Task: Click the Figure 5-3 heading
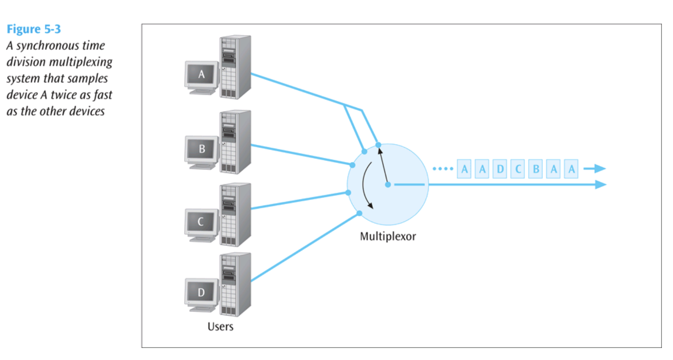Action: [x=33, y=29]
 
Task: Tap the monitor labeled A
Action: [x=201, y=74]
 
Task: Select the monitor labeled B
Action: [x=201, y=149]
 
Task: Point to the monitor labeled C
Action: [x=201, y=222]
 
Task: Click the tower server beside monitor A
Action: [x=235, y=67]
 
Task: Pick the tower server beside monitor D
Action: [x=235, y=284]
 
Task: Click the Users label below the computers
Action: [x=220, y=327]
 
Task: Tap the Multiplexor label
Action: [x=388, y=236]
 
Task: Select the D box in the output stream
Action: [x=500, y=169]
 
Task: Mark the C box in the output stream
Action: [x=518, y=169]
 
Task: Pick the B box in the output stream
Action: [x=536, y=169]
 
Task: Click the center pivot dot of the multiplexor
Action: [x=388, y=185]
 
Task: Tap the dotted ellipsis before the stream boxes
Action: [x=443, y=169]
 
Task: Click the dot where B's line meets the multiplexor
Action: [x=352, y=165]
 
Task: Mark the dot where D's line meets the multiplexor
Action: [x=359, y=213]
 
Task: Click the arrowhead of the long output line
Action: [x=600, y=185]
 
